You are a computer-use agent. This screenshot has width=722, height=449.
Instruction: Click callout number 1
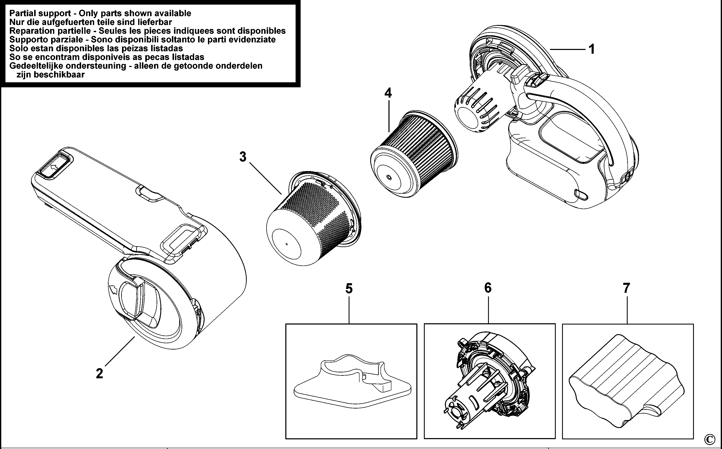tap(592, 49)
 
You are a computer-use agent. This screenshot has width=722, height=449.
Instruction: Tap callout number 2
tap(100, 373)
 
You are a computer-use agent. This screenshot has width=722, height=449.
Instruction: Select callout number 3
tap(243, 157)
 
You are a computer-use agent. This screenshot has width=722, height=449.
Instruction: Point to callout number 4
tap(388, 93)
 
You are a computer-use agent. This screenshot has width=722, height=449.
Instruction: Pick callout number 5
tap(349, 289)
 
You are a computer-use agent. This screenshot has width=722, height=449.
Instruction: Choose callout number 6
tap(488, 288)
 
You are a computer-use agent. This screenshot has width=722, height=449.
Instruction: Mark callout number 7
tap(626, 288)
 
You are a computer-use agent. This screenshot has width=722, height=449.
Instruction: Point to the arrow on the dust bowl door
tap(113, 289)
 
